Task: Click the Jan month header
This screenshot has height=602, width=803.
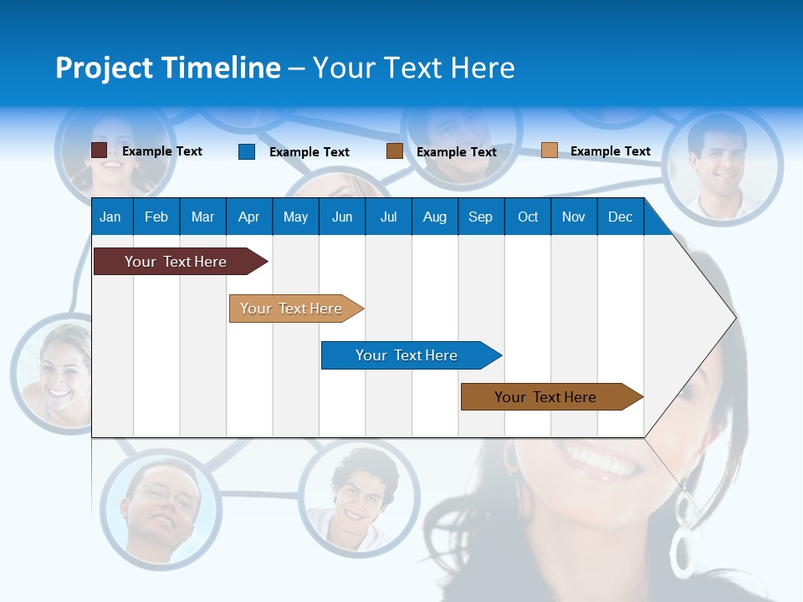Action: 110,217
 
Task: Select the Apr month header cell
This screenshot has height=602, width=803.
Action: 248,217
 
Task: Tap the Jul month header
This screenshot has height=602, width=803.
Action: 388,217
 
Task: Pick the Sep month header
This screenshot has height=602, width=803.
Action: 480,217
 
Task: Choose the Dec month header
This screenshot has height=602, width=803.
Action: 620,217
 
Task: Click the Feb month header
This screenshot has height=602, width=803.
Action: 156,217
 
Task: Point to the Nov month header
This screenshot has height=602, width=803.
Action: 573,217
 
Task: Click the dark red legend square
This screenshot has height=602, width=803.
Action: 100,150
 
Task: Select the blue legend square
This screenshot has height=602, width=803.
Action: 247,151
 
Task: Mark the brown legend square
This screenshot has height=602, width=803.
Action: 395,151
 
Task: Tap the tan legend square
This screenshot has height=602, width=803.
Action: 550,150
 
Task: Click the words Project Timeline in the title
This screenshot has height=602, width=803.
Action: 168,68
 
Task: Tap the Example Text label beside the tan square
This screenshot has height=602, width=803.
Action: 610,151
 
